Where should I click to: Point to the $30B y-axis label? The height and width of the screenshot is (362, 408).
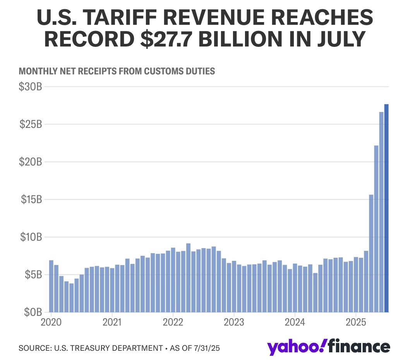(30, 87)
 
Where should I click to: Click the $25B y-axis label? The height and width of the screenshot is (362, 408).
(30, 124)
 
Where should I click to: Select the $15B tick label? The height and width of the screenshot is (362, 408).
(30, 200)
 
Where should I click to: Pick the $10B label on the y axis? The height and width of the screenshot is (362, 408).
(30, 237)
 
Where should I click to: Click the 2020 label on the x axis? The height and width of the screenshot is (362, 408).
(51, 322)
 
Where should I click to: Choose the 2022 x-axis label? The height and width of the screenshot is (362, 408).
(173, 322)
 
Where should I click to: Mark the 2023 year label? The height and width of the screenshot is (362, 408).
(233, 322)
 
